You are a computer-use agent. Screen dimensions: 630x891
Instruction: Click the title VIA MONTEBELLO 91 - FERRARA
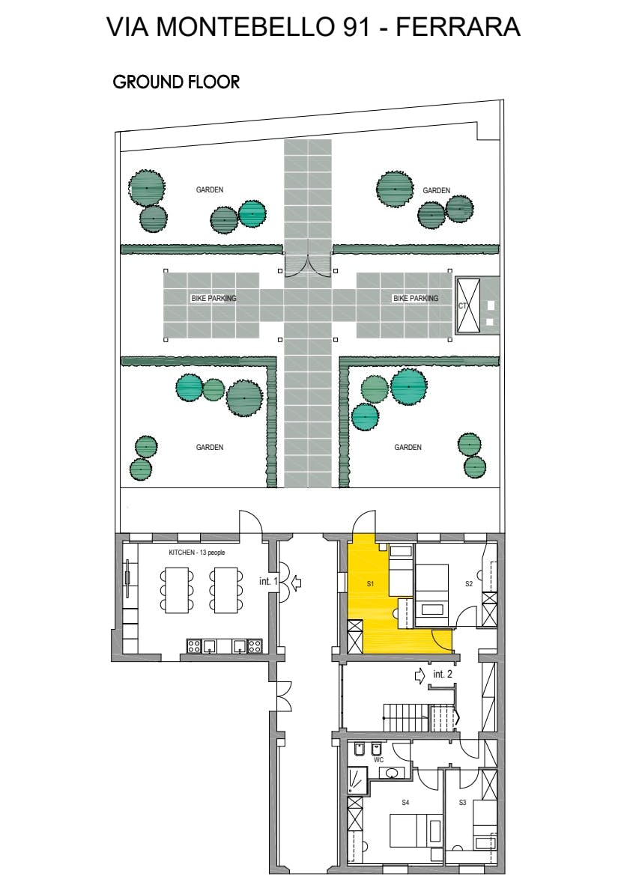(313, 27)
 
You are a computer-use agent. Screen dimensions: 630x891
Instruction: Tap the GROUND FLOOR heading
(176, 82)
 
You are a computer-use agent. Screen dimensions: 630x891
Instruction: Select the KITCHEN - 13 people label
(197, 553)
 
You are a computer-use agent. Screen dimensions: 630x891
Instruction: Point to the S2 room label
(469, 583)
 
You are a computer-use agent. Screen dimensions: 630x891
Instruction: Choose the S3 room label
(462, 803)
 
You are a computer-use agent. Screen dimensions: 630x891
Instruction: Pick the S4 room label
(405, 803)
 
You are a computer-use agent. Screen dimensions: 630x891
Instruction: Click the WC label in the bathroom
(379, 760)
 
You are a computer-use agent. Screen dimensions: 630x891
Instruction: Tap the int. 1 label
(268, 581)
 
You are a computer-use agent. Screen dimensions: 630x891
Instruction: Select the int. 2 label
(443, 674)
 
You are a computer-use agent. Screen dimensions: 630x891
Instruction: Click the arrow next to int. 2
(420, 675)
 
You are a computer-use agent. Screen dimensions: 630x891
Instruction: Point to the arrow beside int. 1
(296, 583)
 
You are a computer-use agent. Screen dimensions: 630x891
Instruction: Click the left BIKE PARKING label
(213, 298)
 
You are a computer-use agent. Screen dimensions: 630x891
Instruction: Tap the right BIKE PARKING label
(416, 298)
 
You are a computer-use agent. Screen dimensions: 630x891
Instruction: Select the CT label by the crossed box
(462, 305)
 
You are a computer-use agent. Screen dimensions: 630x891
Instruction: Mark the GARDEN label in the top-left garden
(210, 189)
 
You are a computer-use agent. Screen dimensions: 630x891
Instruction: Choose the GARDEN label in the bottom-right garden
(408, 447)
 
